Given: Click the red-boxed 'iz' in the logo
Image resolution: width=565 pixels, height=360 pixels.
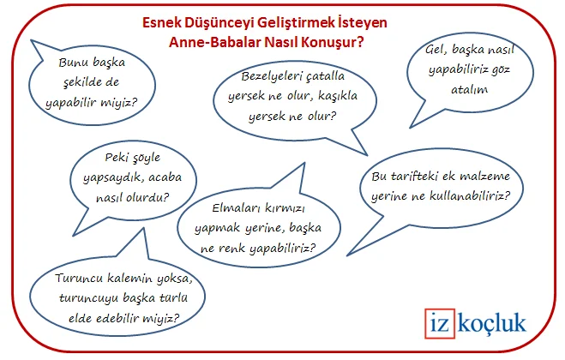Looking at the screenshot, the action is coord(439,323).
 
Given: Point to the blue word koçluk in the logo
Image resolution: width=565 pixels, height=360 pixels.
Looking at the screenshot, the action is coord(491,322).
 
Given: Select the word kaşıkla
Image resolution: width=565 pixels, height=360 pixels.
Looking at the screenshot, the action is coord(338,96).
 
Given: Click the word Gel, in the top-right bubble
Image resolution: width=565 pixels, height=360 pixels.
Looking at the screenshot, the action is coord(436,50).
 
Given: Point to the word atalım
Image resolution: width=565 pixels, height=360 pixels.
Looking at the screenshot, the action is coord(470,89).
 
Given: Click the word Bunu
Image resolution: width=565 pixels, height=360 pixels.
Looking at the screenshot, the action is coord(71,63).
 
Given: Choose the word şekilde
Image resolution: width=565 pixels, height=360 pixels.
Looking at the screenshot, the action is coord(77,83).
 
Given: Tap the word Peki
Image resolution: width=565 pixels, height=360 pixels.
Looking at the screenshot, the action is coord(116,158).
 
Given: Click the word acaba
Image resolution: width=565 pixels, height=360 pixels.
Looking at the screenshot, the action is coord(165,177).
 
